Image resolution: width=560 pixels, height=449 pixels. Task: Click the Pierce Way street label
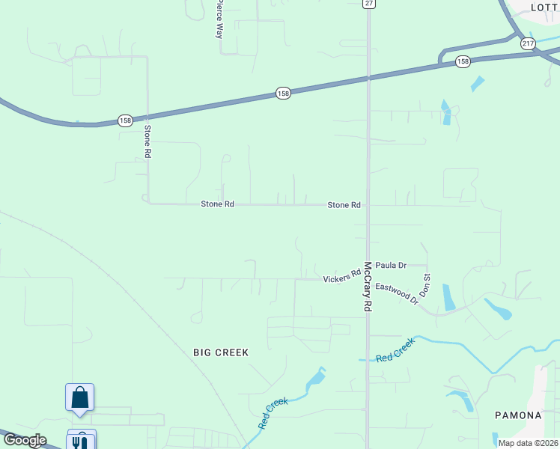click(x=219, y=19)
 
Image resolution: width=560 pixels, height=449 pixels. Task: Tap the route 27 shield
click(x=368, y=4)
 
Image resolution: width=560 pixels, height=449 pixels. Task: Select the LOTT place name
click(x=544, y=7)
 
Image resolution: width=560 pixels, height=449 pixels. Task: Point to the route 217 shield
click(x=529, y=44)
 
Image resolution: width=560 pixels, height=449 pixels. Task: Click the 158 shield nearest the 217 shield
click(x=463, y=61)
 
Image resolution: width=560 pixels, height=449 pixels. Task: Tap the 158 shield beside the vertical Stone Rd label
click(x=125, y=120)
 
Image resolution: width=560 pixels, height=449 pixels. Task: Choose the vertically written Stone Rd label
click(x=147, y=140)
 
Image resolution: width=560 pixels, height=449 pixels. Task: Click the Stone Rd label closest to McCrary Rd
click(x=344, y=205)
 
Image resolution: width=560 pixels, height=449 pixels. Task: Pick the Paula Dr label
click(x=391, y=265)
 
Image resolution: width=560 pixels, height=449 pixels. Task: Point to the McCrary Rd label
click(x=368, y=287)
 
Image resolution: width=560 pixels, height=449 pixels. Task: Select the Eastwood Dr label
click(x=397, y=293)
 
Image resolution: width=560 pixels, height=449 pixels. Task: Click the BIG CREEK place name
click(x=220, y=352)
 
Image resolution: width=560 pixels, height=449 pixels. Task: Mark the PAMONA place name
click(x=518, y=415)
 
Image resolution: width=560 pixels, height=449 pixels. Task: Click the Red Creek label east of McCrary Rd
click(x=395, y=350)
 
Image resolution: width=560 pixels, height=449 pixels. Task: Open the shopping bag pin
click(x=79, y=399)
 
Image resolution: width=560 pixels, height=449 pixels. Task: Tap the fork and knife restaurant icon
click(x=79, y=442)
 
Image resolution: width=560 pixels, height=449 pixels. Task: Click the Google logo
click(x=25, y=440)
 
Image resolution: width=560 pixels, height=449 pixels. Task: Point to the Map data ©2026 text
click(x=529, y=443)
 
